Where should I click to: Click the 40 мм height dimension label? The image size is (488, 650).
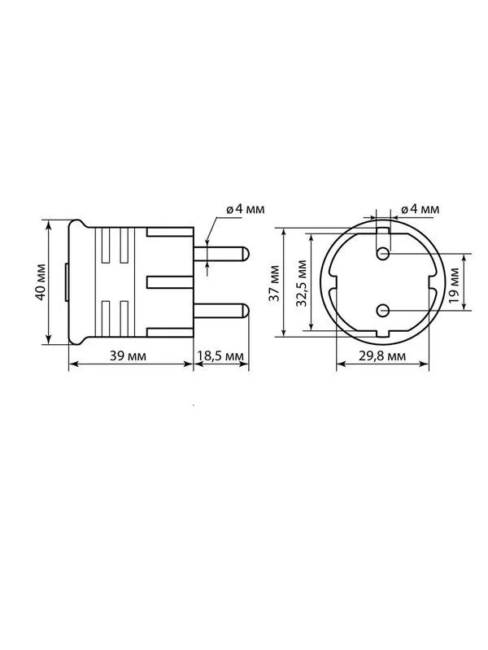click(41, 282)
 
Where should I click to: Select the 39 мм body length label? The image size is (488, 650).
click(128, 356)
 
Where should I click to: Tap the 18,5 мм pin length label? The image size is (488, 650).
click(220, 356)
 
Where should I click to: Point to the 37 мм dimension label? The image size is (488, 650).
click(274, 283)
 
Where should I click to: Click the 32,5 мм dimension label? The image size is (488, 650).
click(302, 283)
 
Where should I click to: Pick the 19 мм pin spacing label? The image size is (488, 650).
click(454, 286)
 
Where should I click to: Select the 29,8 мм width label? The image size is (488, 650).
click(381, 356)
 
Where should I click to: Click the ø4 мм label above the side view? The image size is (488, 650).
click(245, 209)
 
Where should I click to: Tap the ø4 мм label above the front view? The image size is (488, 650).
click(420, 209)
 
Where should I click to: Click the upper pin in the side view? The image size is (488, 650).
click(221, 254)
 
